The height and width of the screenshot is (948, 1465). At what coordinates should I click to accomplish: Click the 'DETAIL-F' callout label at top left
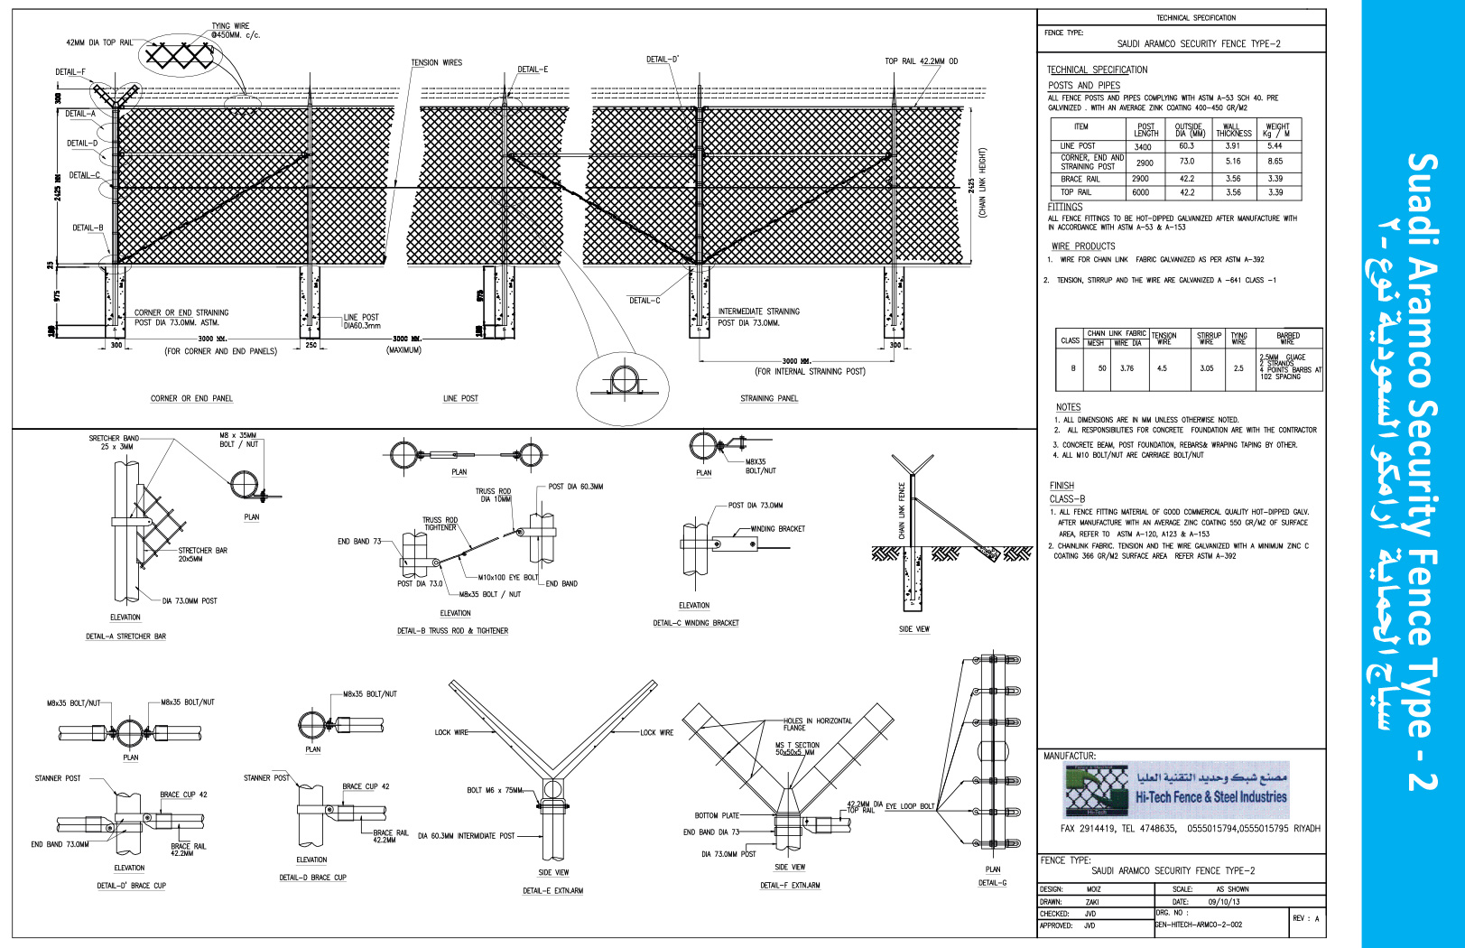pos(70,72)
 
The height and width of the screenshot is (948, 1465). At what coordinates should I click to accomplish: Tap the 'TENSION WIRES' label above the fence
pos(436,63)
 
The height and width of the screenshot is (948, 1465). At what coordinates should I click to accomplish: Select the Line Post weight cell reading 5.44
pos(1275,145)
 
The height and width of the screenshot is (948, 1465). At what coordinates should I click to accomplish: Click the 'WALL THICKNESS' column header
pos(1233,130)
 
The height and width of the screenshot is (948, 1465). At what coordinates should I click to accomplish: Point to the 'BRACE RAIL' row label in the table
pos(1080,179)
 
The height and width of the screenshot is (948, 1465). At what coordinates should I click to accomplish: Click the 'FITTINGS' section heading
pos(1065,207)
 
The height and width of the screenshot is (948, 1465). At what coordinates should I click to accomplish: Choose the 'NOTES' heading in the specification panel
pos(1068,407)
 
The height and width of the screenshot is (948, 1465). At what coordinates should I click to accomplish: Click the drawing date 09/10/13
pos(1224,901)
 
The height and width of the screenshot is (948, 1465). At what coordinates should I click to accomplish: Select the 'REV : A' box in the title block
pos(1305,918)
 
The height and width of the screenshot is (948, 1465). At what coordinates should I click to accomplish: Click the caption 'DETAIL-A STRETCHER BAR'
pos(125,637)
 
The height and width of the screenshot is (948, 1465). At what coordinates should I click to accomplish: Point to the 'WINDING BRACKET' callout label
pos(777,529)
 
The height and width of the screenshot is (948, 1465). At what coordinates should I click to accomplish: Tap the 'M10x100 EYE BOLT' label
pos(507,577)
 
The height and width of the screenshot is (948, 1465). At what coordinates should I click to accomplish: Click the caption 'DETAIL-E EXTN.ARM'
pos(552,890)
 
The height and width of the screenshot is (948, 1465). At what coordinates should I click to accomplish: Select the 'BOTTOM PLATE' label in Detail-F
pos(717,815)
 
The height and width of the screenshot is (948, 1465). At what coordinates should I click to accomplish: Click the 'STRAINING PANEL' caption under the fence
pos(769,398)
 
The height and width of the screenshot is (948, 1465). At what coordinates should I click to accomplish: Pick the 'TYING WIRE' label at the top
pos(230,26)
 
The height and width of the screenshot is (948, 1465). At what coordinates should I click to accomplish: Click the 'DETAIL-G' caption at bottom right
pos(992,883)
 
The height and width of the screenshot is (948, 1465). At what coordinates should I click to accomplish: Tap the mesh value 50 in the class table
pos(1102,368)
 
